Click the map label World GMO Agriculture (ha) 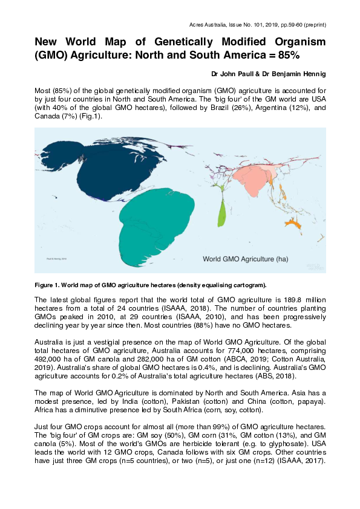click(245, 258)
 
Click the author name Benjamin click(290, 75)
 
